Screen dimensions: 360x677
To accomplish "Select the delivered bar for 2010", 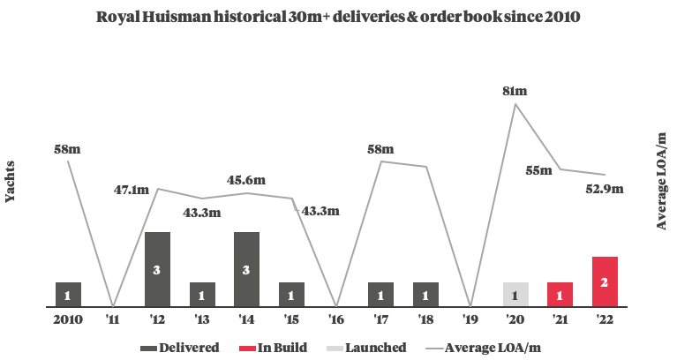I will (68, 295).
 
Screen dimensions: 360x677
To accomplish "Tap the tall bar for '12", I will (157, 269).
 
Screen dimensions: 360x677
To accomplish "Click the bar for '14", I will (246, 269).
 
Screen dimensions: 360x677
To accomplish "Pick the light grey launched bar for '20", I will (515, 295).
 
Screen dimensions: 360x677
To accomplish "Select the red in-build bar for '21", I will (560, 295).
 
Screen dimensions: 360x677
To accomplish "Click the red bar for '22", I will (605, 281).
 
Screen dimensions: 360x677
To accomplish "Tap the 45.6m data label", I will (246, 181).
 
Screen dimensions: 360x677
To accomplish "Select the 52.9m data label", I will (606, 188).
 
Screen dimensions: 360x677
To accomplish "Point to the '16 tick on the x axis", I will (335, 319).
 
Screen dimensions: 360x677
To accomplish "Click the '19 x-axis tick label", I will (470, 319).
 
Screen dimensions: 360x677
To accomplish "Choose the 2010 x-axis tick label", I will (68, 319).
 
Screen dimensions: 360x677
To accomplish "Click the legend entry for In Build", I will (276, 348).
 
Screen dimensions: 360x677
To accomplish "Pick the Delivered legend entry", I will (181, 348).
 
